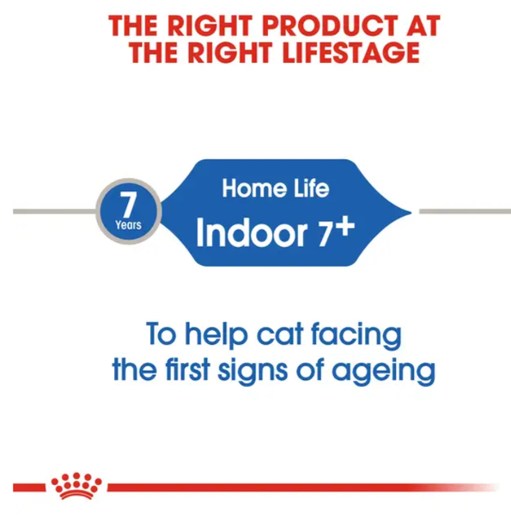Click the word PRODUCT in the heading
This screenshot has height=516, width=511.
[x=331, y=26]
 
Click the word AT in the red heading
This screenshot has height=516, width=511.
[x=423, y=26]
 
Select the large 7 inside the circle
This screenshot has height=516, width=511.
[x=128, y=204]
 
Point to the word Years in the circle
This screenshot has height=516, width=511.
[x=128, y=225]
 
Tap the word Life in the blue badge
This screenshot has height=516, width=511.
[x=311, y=188]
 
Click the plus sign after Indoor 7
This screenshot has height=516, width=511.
[x=347, y=227]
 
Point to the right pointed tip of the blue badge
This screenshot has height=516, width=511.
[x=411, y=212]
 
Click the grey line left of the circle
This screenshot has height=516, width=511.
[x=55, y=212]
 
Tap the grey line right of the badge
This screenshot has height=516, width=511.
[x=465, y=212]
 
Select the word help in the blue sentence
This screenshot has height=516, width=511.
[x=216, y=335]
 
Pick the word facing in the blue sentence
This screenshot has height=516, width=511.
[x=356, y=335]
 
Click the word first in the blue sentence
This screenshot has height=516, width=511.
[x=187, y=370]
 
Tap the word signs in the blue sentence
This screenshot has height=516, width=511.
[x=252, y=372]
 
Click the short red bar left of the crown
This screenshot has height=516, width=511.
[x=29, y=488]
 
